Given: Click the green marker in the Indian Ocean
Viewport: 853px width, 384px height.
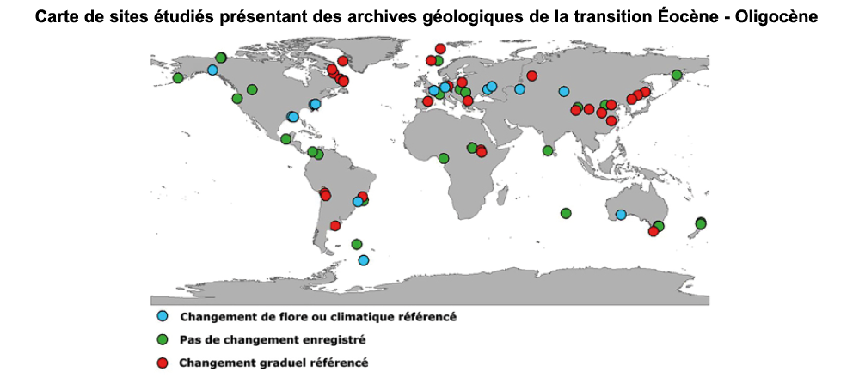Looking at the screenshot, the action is pyautogui.click(x=565, y=213).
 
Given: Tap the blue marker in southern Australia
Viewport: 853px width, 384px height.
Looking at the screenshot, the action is pyautogui.click(x=621, y=215).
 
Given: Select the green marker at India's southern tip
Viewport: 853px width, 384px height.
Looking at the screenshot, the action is pyautogui.click(x=548, y=151).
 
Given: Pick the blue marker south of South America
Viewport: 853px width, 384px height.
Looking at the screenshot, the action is pyautogui.click(x=364, y=260).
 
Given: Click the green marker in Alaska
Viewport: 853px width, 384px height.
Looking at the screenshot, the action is pyautogui.click(x=178, y=78).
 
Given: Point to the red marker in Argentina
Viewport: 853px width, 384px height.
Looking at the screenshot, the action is pyautogui.click(x=335, y=226).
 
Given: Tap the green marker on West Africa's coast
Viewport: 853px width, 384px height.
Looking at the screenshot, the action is pyautogui.click(x=444, y=158).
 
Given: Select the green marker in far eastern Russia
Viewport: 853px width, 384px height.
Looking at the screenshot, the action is pyautogui.click(x=677, y=75).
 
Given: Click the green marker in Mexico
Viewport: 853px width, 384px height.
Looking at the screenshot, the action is pyautogui.click(x=286, y=139).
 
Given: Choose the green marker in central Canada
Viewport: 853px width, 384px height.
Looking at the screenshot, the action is pyautogui.click(x=252, y=89).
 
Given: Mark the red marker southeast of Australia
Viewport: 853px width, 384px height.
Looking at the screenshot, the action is pyautogui.click(x=654, y=231).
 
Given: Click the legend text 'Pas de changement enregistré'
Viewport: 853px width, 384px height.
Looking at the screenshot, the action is pyautogui.click(x=272, y=339).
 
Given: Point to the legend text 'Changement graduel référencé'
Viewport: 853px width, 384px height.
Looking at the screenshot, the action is pyautogui.click(x=273, y=363).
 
